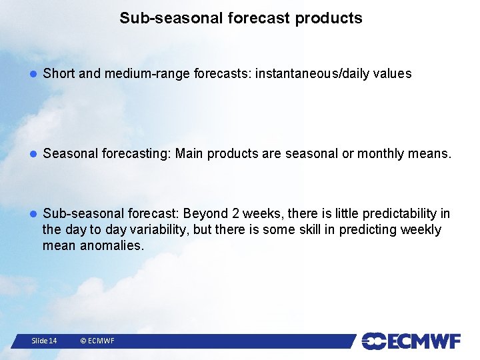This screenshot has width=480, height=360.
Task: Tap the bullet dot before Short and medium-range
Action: pyautogui.click(x=33, y=74)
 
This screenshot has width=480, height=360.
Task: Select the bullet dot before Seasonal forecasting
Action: pyautogui.click(x=33, y=154)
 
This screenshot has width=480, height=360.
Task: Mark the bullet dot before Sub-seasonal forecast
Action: pyautogui.click(x=33, y=214)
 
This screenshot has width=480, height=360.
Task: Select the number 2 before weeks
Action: pyautogui.click(x=235, y=213)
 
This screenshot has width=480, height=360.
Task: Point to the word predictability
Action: pyautogui.click(x=400, y=214)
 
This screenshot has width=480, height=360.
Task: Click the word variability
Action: pyautogui.click(x=158, y=229)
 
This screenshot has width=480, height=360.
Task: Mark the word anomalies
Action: pyautogui.click(x=112, y=245)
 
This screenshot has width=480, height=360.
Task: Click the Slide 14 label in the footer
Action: pyautogui.click(x=44, y=341)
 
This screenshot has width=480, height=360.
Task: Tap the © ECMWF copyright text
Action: pyautogui.click(x=97, y=341)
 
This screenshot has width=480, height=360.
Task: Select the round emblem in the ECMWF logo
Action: pyautogui.click(x=374, y=341)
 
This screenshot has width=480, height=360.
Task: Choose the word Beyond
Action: pyautogui.click(x=205, y=214)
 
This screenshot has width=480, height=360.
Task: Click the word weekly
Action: pyautogui.click(x=421, y=229)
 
